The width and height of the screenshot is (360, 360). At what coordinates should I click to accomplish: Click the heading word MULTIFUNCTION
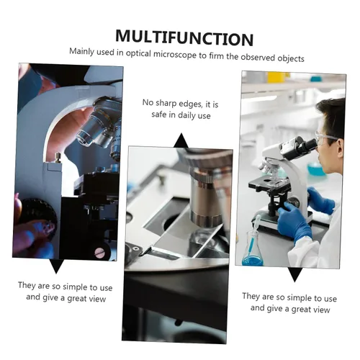point(184,38)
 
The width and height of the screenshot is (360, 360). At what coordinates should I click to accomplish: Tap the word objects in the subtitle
point(291,58)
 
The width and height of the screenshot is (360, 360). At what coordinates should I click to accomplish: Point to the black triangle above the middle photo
point(181,140)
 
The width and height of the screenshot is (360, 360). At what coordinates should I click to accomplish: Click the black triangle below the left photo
point(56,266)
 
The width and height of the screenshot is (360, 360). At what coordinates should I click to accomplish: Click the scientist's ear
point(340,148)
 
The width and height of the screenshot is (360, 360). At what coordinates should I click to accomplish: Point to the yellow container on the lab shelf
point(276,77)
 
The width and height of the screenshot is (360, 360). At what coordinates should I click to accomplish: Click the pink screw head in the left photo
point(99,252)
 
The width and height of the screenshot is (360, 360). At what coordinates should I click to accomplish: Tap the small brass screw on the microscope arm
point(58,157)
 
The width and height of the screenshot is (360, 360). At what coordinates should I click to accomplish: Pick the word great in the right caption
point(302,309)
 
